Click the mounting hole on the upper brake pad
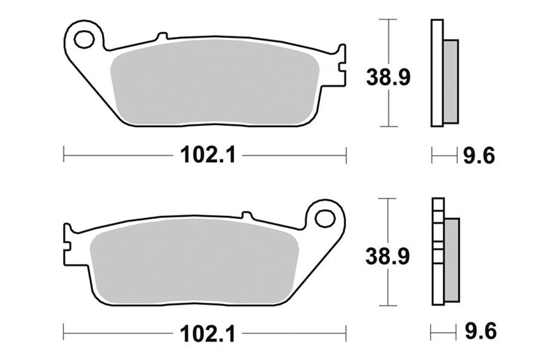tap(84, 39)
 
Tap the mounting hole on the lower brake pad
tap(324, 218)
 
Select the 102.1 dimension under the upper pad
tap(208, 156)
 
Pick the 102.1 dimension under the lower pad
tap(208, 334)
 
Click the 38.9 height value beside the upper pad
tap(389, 78)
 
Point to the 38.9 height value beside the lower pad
tap(388, 257)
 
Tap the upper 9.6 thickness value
tap(479, 156)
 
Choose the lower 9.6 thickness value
tap(481, 332)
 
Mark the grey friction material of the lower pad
tap(194, 261)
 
